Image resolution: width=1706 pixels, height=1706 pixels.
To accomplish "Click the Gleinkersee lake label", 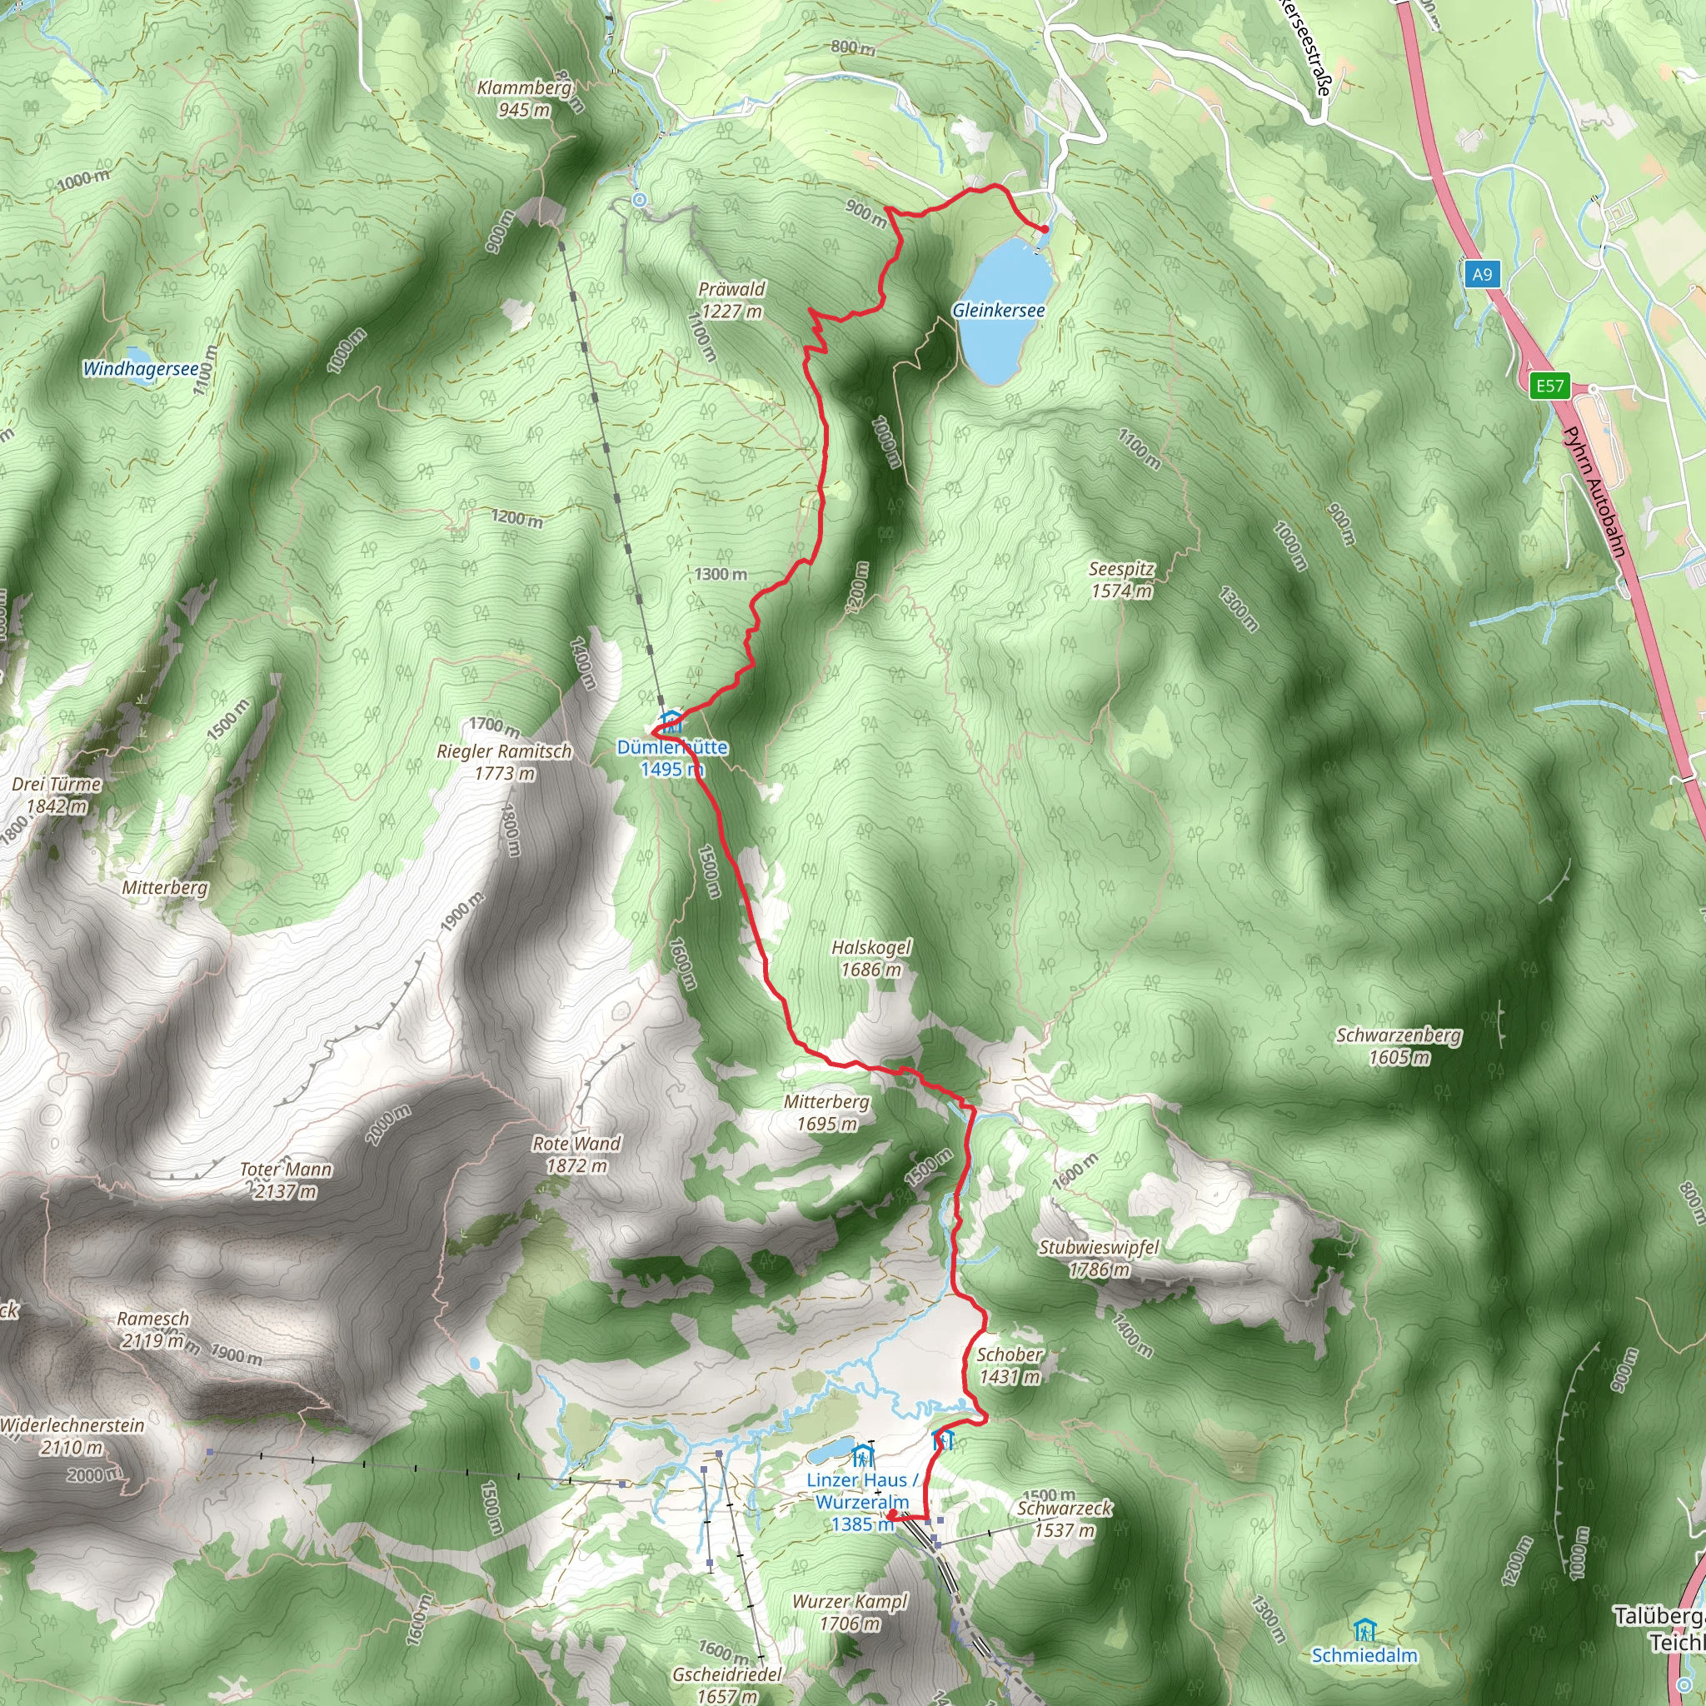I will tap(998, 310).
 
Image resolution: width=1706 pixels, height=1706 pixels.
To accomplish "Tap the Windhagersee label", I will tap(141, 368).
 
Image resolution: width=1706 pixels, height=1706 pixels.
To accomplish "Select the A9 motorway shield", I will tap(1482, 274).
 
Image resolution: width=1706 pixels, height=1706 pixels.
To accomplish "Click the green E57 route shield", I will tap(1549, 385).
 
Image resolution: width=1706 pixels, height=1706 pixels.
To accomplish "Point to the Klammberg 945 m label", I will tap(525, 99).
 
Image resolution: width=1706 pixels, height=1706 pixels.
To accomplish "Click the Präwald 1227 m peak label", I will tap(731, 300).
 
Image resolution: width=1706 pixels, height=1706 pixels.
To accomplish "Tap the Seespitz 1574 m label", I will tap(1121, 580).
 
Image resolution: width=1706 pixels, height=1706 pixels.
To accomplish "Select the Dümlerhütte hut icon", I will tap(671, 721).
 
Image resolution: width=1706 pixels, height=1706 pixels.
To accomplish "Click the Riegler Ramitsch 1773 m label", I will tap(504, 762).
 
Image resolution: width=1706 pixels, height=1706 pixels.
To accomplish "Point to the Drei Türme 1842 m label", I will tap(57, 795).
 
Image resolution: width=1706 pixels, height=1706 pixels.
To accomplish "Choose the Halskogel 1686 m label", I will tap(870, 958).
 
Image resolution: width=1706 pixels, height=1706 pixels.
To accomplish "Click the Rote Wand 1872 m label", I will tap(576, 1154).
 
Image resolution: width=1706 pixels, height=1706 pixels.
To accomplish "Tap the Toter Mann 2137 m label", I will tap(286, 1180).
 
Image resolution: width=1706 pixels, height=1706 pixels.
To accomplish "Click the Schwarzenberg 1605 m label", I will tap(1399, 1045).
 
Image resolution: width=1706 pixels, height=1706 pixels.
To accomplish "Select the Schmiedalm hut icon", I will tap(1364, 1628).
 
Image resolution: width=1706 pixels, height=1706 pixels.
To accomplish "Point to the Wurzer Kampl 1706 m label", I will tap(850, 1612).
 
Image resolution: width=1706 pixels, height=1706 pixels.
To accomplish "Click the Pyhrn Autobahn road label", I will tap(1594, 491).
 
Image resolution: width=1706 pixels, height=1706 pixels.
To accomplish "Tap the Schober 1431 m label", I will tap(1010, 1365).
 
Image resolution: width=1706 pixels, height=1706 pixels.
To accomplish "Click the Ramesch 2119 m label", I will tap(153, 1329).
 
